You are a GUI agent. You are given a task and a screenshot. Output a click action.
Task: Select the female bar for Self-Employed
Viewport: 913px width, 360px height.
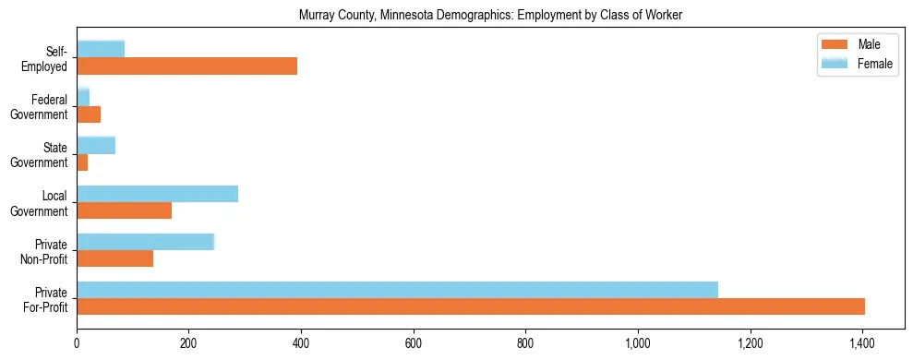(101, 49)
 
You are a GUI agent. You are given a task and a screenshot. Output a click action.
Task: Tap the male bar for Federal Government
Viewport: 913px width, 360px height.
(89, 114)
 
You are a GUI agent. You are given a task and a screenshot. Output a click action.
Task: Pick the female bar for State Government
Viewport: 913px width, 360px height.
(96, 145)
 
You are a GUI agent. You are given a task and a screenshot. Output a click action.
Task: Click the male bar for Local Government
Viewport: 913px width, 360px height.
(124, 210)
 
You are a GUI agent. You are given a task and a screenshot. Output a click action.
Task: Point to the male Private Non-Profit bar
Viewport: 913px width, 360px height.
(114, 258)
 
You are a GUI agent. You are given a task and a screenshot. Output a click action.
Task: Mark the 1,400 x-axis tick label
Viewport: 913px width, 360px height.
(862, 343)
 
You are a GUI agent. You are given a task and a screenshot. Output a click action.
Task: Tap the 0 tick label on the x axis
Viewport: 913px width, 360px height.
(77, 343)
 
